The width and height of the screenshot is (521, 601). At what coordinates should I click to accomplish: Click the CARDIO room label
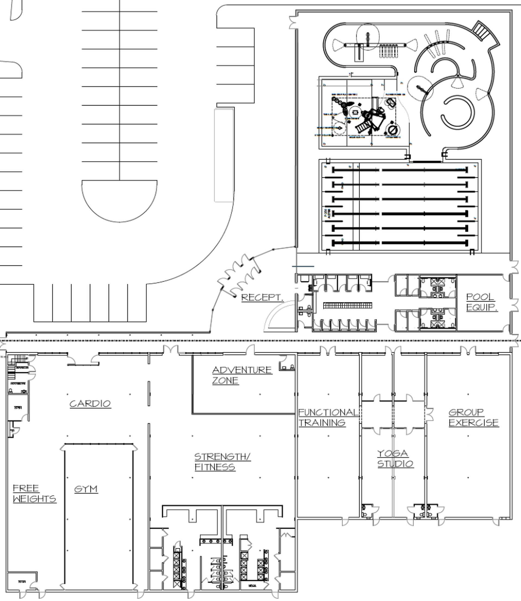90,403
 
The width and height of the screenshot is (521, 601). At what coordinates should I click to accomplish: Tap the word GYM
86,489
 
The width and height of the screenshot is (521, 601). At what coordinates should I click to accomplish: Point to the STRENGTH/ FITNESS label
222,462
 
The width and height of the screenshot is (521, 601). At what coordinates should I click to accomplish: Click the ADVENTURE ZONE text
242,375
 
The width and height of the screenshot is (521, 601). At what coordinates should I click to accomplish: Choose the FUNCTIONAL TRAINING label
328,417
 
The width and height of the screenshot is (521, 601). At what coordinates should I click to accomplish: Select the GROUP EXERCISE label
473,417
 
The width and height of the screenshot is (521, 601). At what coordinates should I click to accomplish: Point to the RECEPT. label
262,297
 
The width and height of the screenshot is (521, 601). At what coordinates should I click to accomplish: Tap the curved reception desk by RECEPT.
276,316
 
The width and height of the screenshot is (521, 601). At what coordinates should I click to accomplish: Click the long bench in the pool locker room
347,305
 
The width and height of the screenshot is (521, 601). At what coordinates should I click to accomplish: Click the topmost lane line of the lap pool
400,170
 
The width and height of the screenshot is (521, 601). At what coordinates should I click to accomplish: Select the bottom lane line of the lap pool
400,243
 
